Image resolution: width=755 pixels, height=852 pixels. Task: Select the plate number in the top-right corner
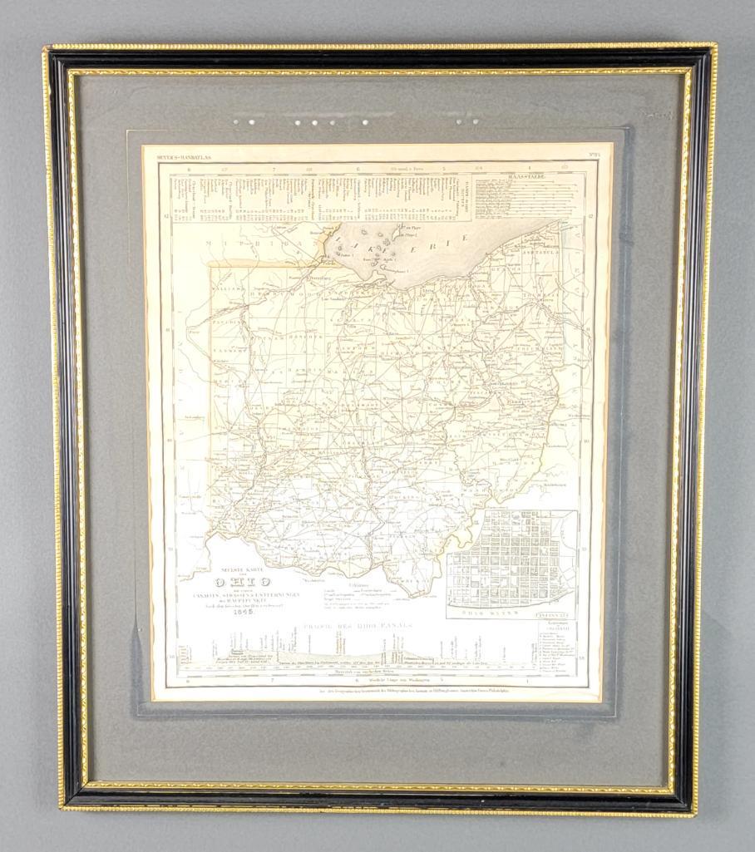[581, 155]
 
